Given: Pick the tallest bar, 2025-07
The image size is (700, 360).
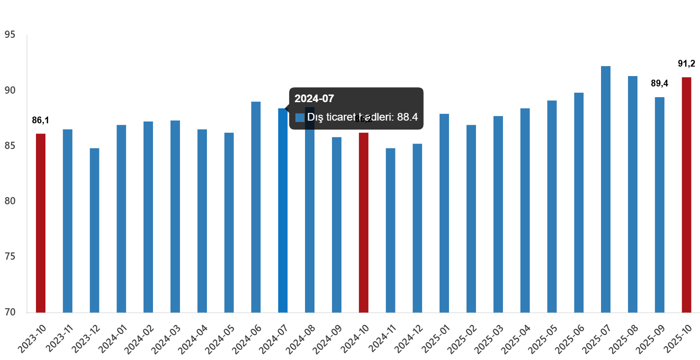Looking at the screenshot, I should pos(606,189).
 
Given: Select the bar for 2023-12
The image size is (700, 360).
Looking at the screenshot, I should pos(94,230).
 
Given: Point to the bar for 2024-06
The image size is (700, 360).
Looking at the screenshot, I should pos(256,207).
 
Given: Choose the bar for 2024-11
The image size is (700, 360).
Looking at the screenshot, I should pos(390,230).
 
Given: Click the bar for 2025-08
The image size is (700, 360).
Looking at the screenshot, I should pos(633,194).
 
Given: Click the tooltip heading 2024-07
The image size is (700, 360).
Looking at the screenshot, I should pos(314,99).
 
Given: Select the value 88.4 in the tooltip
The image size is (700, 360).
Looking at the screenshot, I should pos(408,117).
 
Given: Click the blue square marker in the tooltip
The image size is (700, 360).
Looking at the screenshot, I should pos(300,118).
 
